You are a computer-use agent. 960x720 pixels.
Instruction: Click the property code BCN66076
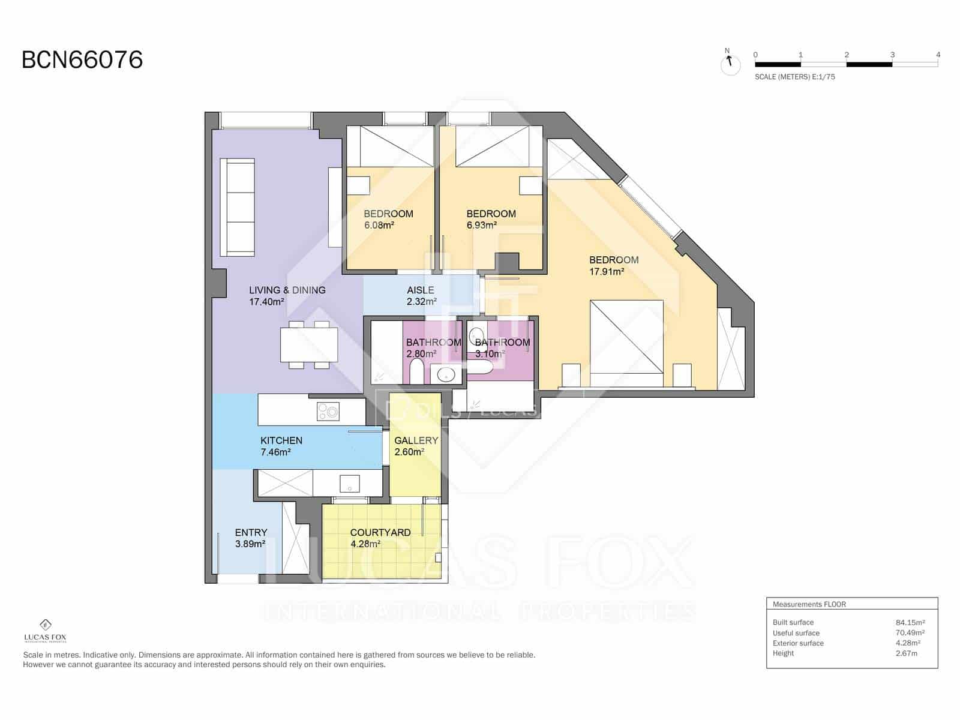pos(82,60)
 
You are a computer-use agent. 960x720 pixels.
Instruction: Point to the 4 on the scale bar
pos(938,55)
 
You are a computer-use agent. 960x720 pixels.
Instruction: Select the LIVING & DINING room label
pos(287,290)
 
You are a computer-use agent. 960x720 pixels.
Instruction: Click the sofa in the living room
pos(238,207)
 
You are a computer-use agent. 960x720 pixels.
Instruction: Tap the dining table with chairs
pos(309,344)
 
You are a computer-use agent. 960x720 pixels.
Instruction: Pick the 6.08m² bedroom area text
pos(379,226)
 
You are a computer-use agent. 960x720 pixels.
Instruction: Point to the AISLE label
pos(420,290)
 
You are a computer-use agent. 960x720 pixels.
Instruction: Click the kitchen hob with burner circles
pos(328,412)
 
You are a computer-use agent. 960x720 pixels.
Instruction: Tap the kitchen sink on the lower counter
pos(349,483)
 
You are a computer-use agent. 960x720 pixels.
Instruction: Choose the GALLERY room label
pos(416,440)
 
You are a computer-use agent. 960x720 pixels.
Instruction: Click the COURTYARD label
pos(380,533)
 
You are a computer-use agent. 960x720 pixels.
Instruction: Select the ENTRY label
pos(251,533)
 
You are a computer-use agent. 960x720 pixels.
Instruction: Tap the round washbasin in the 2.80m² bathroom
pos(446,376)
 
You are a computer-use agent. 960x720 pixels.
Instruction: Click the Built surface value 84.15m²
pos(910,622)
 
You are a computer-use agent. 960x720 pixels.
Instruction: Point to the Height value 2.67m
pos(906,653)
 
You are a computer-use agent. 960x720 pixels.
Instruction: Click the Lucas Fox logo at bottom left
pos(45,631)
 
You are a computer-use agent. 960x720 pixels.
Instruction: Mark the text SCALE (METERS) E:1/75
pos(794,77)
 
